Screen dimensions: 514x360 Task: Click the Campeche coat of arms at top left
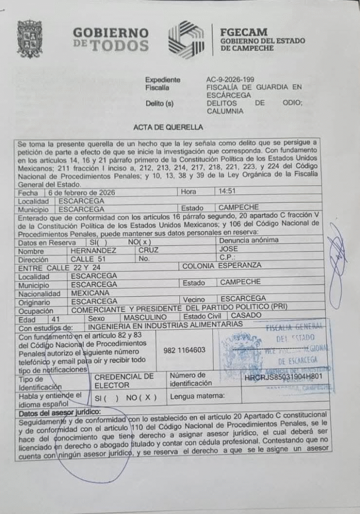pyautogui.click(x=30, y=39)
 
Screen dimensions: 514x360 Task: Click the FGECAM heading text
pyautogui.click(x=244, y=32)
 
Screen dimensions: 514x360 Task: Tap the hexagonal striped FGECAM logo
pyautogui.click(x=186, y=40)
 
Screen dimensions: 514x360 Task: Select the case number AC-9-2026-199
pyautogui.click(x=230, y=79)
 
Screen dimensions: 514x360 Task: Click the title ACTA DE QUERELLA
pyautogui.click(x=168, y=127)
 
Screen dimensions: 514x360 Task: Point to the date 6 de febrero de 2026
pyautogui.click(x=76, y=192)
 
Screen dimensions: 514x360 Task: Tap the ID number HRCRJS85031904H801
pyautogui.click(x=283, y=377)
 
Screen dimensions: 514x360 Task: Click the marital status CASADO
pyautogui.click(x=246, y=315)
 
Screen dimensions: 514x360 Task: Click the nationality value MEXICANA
pyautogui.click(x=90, y=293)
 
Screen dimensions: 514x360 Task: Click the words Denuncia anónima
pyautogui.click(x=249, y=240)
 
